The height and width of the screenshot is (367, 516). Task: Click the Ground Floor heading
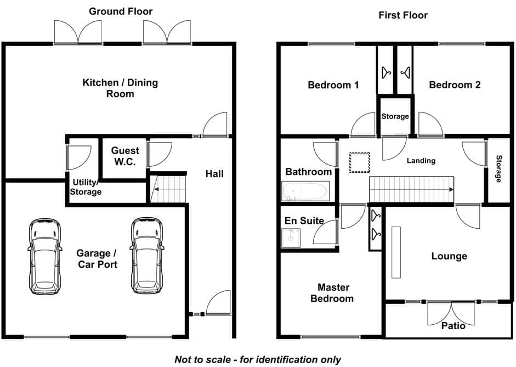tap(121, 12)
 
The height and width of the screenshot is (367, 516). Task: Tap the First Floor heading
tap(403, 15)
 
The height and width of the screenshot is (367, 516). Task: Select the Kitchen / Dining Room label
tap(120, 88)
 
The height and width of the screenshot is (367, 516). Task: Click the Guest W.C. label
tap(125, 156)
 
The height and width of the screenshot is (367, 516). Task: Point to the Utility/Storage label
tap(85, 187)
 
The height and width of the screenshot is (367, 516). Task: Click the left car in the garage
tap(45, 256)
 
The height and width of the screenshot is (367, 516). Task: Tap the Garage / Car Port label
tap(97, 259)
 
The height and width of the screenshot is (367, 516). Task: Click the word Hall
tap(214, 173)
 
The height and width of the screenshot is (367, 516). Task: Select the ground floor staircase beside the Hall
tap(168, 189)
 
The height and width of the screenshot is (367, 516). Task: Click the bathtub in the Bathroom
tap(306, 191)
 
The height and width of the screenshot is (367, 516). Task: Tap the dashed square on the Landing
tap(359, 162)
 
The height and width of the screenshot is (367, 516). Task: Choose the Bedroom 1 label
tap(333, 85)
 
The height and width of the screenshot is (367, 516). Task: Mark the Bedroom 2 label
tap(455, 85)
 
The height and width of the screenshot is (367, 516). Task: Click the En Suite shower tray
tap(291, 238)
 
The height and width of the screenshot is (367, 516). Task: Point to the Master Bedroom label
tap(332, 293)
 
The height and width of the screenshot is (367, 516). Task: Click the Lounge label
tap(449, 256)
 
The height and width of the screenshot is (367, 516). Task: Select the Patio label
tap(453, 326)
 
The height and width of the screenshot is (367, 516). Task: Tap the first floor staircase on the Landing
tap(411, 189)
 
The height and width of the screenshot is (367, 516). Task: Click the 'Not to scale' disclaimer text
tap(258, 359)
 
